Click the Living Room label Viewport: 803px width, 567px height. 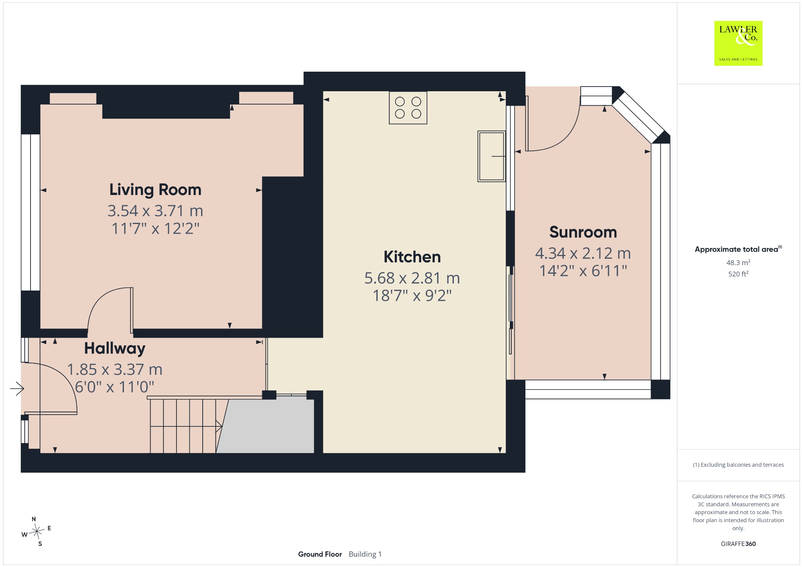click(x=155, y=190)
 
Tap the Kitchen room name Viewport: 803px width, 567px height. click(x=412, y=257)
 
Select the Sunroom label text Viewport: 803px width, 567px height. click(x=583, y=232)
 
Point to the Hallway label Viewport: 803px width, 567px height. click(x=115, y=349)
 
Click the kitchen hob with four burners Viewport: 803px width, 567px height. click(x=408, y=108)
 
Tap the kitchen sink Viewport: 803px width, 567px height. click(x=491, y=156)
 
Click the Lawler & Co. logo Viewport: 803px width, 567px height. click(x=738, y=43)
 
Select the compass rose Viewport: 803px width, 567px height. click(x=36, y=531)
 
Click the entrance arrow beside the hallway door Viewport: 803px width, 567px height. click(x=17, y=389)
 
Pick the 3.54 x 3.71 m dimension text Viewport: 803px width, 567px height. click(x=155, y=211)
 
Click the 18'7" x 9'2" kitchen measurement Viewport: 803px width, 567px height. click(x=412, y=296)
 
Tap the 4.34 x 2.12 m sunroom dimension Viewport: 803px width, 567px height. click(x=583, y=253)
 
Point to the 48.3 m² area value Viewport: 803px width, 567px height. click(x=738, y=262)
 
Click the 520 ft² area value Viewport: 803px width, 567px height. click(x=738, y=274)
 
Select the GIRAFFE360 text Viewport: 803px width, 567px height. click(x=738, y=544)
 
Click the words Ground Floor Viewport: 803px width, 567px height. click(x=320, y=554)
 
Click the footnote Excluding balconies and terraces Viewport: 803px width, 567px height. click(x=738, y=465)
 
